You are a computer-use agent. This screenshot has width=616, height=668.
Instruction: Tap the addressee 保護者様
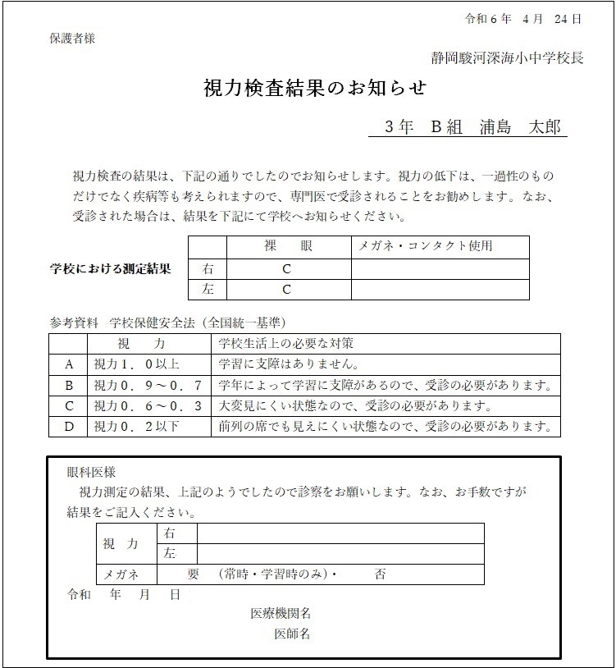click(72, 39)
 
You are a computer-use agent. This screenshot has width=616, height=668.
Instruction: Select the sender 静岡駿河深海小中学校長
click(508, 58)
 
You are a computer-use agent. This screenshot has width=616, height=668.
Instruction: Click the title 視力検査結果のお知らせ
click(315, 88)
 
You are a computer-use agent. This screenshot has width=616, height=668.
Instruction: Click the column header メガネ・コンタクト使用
click(427, 246)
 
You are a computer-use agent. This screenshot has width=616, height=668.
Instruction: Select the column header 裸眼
click(288, 246)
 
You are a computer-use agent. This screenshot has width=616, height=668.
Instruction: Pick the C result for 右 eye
click(287, 268)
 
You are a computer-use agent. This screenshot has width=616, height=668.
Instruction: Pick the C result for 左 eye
click(287, 289)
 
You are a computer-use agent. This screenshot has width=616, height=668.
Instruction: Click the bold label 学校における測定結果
click(111, 269)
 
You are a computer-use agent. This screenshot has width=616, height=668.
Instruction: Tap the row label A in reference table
click(69, 364)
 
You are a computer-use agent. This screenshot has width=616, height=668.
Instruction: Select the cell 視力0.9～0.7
click(136, 385)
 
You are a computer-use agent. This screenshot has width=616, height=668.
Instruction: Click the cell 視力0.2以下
click(136, 427)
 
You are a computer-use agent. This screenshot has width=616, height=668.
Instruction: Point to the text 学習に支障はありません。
click(290, 364)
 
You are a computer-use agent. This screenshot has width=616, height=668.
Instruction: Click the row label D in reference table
click(69, 427)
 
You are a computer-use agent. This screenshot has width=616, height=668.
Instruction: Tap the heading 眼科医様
click(91, 473)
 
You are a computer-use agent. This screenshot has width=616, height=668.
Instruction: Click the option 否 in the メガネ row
click(380, 574)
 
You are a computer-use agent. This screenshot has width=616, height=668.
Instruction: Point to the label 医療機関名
click(281, 614)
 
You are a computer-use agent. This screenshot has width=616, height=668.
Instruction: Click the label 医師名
click(292, 634)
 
